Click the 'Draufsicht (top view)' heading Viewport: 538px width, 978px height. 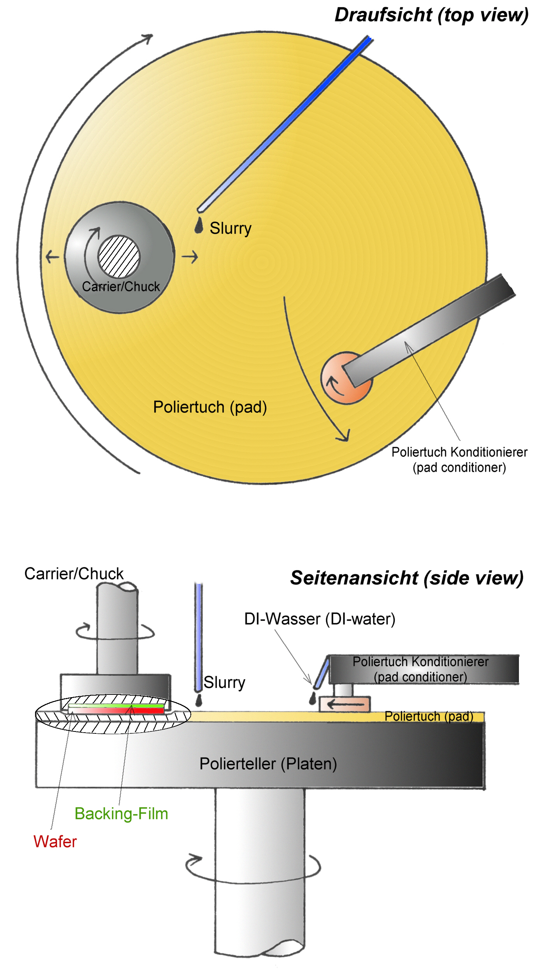[x=431, y=15]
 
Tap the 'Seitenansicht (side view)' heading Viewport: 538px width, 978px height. [x=406, y=578]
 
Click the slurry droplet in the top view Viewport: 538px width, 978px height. [x=199, y=226]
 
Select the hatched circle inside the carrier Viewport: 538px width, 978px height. [x=119, y=257]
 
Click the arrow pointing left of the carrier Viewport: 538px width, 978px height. [x=52, y=257]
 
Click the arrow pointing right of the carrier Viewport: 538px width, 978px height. [x=190, y=257]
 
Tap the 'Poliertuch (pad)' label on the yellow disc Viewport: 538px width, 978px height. [x=210, y=407]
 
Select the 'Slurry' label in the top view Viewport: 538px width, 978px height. [x=230, y=228]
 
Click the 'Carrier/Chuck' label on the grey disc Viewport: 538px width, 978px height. [x=121, y=287]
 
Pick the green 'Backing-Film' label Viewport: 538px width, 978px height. [x=121, y=814]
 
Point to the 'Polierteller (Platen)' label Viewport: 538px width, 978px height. [x=268, y=764]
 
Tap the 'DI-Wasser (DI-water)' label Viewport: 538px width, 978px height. [x=320, y=619]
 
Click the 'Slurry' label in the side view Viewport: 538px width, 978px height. [x=224, y=682]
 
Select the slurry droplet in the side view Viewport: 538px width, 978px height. [x=199, y=700]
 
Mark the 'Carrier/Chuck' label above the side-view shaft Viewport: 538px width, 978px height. [x=74, y=574]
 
